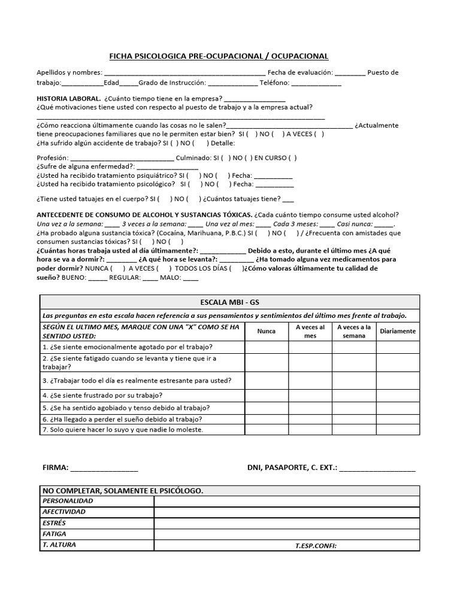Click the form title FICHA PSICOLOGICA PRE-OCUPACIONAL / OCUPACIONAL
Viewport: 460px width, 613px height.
coord(218,56)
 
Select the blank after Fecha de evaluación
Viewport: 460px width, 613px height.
coord(350,74)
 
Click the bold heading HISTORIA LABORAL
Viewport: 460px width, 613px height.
coord(68,98)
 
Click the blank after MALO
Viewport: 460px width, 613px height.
coord(190,278)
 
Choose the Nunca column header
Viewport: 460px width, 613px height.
coord(267,330)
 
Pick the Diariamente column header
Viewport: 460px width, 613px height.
coord(398,330)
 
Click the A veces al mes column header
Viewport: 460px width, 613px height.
coord(310,331)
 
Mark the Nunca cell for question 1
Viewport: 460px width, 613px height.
coord(267,347)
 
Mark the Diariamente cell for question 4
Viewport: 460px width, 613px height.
coord(398,395)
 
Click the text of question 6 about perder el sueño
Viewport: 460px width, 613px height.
coord(122,418)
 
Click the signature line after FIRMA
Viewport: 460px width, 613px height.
coord(104,468)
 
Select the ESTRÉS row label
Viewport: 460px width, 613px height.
coord(55,523)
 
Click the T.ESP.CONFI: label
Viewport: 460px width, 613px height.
coord(316,545)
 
